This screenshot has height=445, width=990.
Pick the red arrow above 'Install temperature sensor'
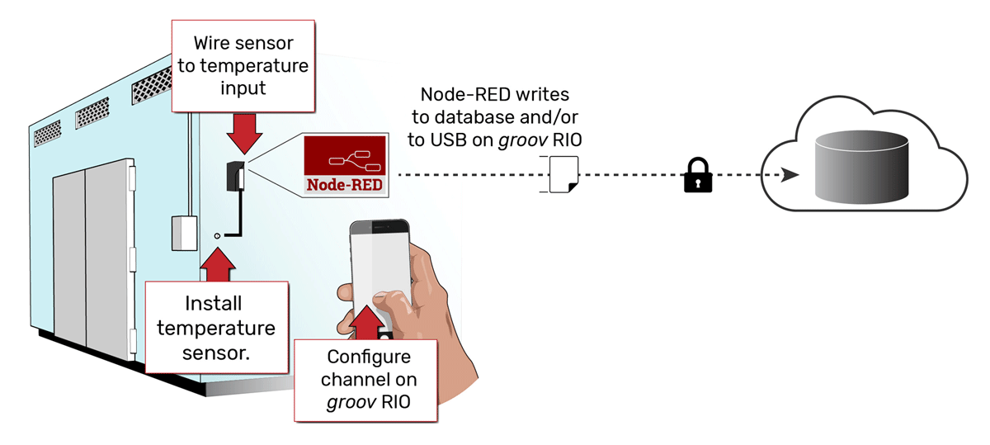coord(217,263)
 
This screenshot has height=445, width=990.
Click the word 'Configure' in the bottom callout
coord(369,357)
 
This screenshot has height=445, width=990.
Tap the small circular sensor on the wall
coord(217,236)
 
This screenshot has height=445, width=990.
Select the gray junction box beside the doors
coord(182,232)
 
